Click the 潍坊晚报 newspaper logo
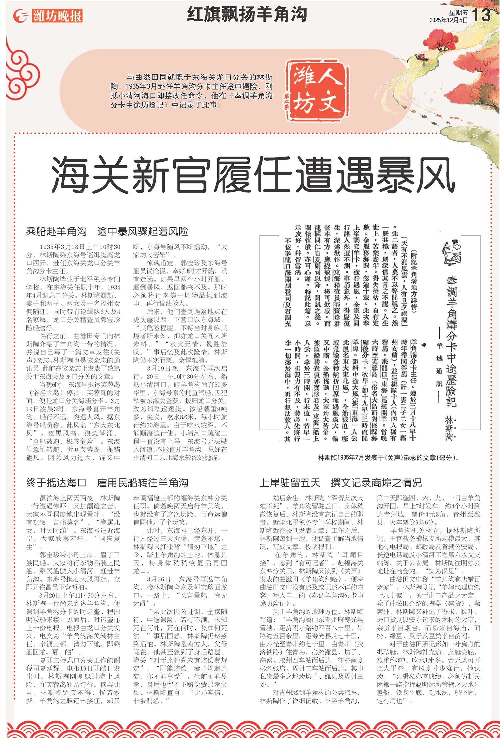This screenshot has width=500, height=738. click(48, 16)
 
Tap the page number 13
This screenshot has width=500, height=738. click(481, 15)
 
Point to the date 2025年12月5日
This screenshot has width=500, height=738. click(448, 20)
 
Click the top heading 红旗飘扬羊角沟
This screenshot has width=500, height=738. click(247, 14)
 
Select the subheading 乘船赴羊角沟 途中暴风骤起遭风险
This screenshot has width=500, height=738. click(107, 231)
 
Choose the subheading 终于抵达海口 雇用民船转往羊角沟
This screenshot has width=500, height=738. click(107, 482)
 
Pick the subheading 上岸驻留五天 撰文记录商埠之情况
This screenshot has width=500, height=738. click(341, 482)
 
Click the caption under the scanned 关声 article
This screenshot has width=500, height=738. click(388, 457)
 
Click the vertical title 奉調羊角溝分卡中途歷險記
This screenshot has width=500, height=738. click(452, 340)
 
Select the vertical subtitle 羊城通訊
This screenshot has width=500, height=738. click(439, 360)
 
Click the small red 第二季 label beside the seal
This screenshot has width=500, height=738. click(286, 102)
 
